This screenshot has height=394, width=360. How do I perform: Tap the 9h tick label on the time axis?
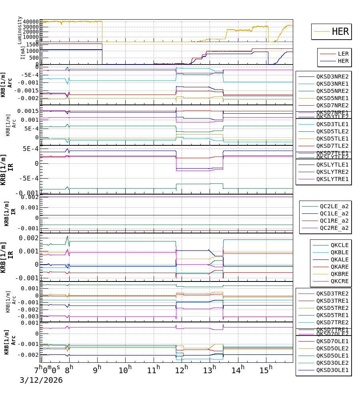click(x=97, y=369)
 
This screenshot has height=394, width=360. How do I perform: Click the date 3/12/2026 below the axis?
click(x=41, y=380)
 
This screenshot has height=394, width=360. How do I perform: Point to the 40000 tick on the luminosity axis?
click(x=31, y=22)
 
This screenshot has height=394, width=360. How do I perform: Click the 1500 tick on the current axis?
click(x=33, y=44)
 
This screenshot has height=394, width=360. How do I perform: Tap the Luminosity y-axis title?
click(x=20, y=30)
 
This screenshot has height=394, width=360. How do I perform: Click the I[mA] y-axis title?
click(x=22, y=52)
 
